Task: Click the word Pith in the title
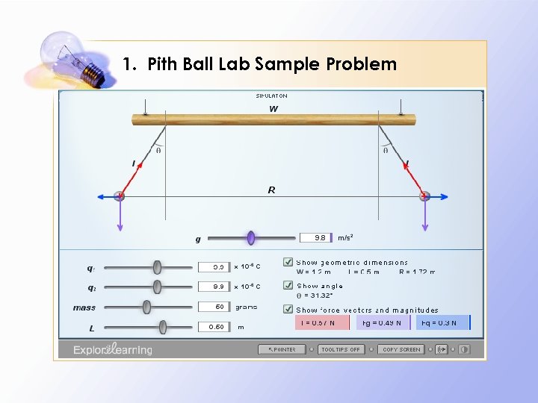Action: [x=164, y=64]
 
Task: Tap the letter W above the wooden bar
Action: [x=273, y=109]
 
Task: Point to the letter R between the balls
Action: [x=271, y=190]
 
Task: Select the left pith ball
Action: [x=119, y=196]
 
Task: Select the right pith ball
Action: [x=424, y=196]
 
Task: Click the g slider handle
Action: [x=251, y=238]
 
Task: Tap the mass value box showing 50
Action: [x=213, y=307]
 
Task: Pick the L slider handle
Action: [x=163, y=326]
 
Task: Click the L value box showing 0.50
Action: [x=213, y=327]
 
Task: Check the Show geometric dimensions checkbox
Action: [x=288, y=262]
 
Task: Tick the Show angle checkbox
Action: [x=288, y=285]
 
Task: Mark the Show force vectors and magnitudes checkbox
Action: [x=288, y=309]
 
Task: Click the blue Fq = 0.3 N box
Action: [x=445, y=322]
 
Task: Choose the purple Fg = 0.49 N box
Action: [x=383, y=322]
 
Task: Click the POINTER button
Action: [x=282, y=349]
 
